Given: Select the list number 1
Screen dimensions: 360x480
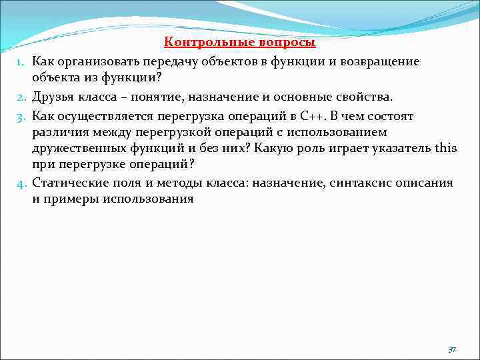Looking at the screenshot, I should [x=21, y=62].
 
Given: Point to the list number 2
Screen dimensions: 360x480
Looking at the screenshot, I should [x=21, y=99].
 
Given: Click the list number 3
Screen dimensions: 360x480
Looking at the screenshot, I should [x=21, y=117].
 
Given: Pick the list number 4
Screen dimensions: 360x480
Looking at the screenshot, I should [x=21, y=183].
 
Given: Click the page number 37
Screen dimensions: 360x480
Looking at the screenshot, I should [x=451, y=349].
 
